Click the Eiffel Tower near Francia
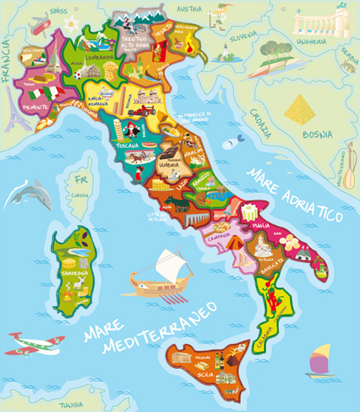click(x=14, y=108)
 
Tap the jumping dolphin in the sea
click(x=29, y=195)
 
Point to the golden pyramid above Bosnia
click(x=300, y=110)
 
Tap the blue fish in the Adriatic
click(x=232, y=142)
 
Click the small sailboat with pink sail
click(x=320, y=361)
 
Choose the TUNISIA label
click(x=69, y=404)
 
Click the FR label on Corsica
click(x=82, y=179)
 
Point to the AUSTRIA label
click(x=190, y=9)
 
